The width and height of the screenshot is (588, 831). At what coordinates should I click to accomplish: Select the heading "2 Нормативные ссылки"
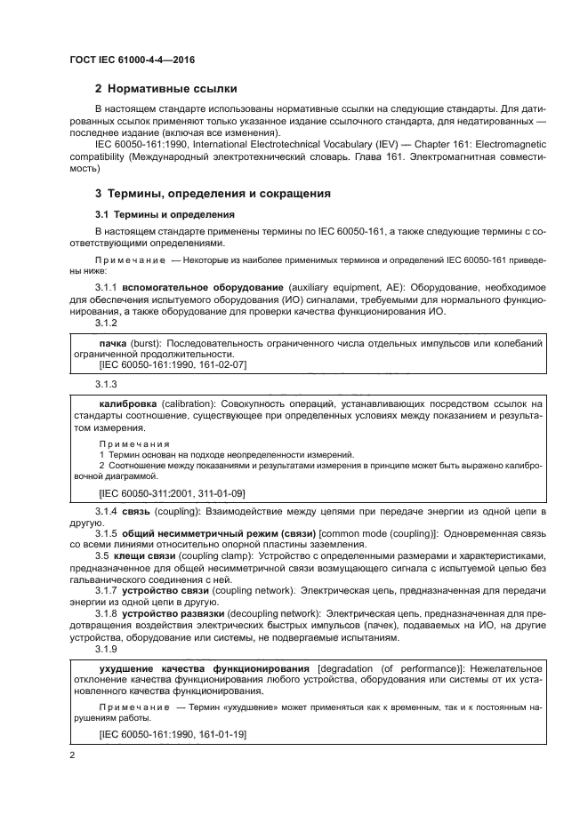[x=165, y=90]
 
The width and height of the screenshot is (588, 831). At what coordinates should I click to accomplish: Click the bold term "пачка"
[x=112, y=341]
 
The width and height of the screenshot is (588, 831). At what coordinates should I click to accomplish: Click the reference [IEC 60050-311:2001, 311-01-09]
[x=172, y=492]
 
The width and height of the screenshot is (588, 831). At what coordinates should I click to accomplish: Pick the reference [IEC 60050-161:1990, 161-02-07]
[x=172, y=364]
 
